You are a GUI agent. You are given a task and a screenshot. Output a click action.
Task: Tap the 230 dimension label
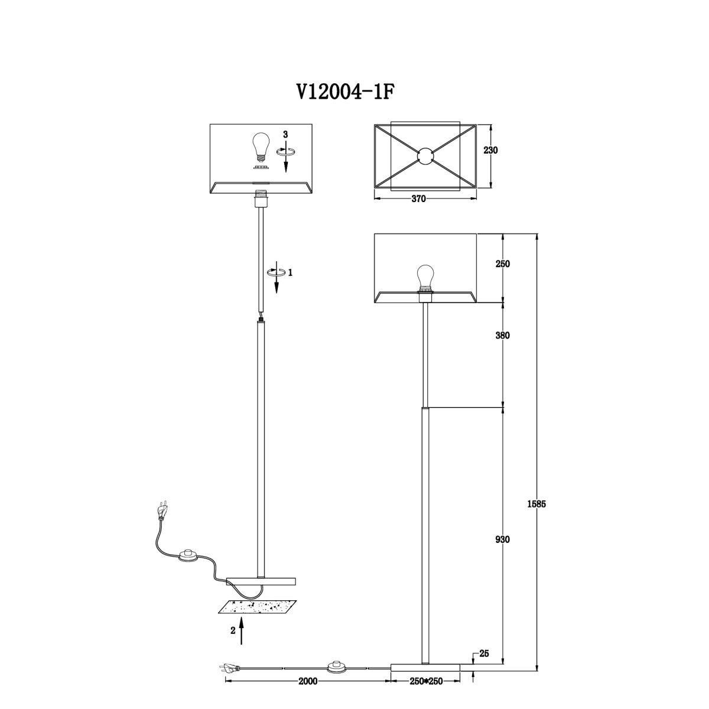tap(490, 151)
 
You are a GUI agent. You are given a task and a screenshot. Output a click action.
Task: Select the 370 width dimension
tap(418, 199)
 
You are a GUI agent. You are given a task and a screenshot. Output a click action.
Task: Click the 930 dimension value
tap(503, 539)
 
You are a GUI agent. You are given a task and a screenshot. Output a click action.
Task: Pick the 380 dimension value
tap(503, 335)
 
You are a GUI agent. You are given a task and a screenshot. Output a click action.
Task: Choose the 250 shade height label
tap(503, 264)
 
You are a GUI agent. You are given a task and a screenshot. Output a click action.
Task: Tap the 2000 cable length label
tap(308, 691)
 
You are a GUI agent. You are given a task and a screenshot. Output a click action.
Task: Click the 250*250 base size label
tap(425, 692)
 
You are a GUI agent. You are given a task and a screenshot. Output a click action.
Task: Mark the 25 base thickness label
tap(484, 653)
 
